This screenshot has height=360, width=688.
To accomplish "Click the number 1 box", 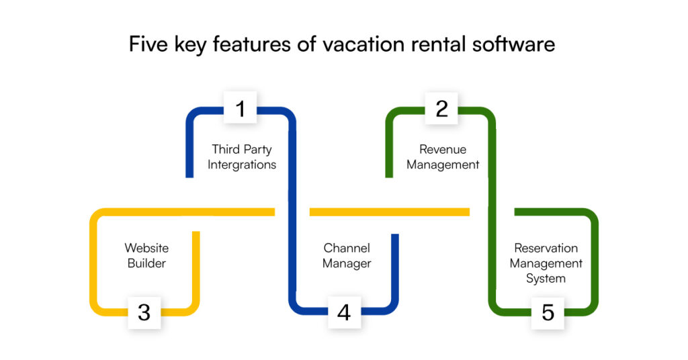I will pyautogui.click(x=241, y=107).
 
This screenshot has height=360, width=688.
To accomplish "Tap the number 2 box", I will pyautogui.click(x=441, y=107).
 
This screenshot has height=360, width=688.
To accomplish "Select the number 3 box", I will pyautogui.click(x=144, y=312).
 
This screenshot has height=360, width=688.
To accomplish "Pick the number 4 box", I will pyautogui.click(x=344, y=312).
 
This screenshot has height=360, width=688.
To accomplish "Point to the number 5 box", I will pyautogui.click(x=548, y=312).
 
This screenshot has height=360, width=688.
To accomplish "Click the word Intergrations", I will pyautogui.click(x=242, y=165).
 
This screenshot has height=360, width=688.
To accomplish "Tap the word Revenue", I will pyautogui.click(x=443, y=149).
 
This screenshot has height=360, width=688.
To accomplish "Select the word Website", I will pyautogui.click(x=146, y=248).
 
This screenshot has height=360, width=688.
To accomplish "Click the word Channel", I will pyautogui.click(x=347, y=248).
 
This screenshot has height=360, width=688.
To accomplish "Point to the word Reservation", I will pyautogui.click(x=546, y=248).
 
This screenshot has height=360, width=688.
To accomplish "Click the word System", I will pyautogui.click(x=546, y=278).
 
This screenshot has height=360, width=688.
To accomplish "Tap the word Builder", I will pyautogui.click(x=146, y=263).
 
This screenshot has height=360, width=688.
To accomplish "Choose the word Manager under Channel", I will pyautogui.click(x=347, y=263).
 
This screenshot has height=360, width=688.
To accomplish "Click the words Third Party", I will pyautogui.click(x=242, y=149).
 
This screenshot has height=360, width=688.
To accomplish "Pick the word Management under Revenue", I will pyautogui.click(x=443, y=165).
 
